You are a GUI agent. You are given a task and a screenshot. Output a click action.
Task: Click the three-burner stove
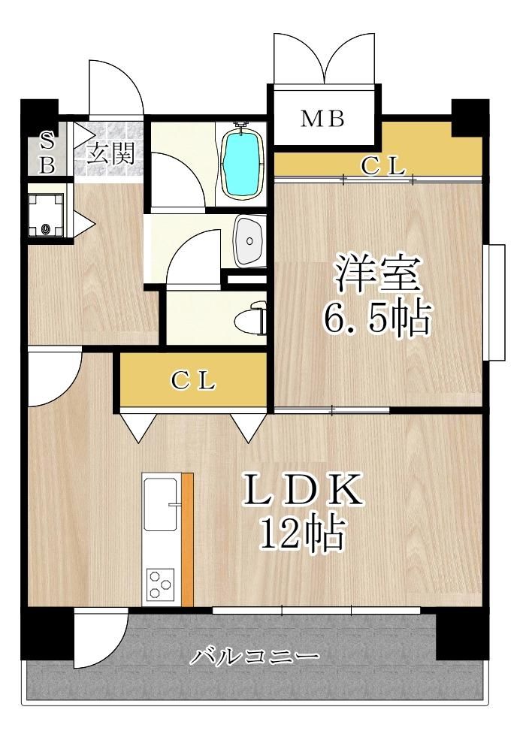(x=160, y=584)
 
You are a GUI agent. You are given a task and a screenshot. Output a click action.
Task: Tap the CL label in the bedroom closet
(x=383, y=165)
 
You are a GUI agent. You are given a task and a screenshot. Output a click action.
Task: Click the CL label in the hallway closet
(x=193, y=381)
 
